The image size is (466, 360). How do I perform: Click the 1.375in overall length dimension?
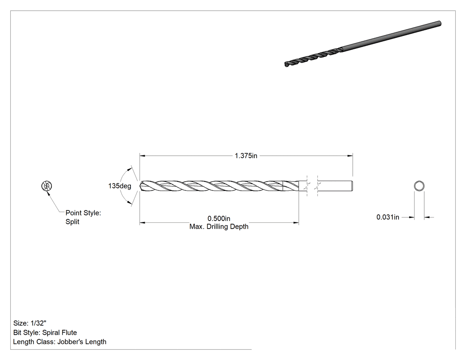tap(246, 156)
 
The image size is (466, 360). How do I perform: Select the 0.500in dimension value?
tap(219, 219)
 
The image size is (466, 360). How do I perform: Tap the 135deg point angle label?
tap(120, 186)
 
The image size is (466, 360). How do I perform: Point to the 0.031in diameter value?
tap(388, 218)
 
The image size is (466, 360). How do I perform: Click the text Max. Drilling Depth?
tap(219, 226)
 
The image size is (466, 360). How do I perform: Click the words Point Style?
tap(83, 213)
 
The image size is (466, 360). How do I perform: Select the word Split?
tap(72, 222)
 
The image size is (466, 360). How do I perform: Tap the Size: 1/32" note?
tap(30, 323)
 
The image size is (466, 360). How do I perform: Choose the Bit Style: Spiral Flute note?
tap(45, 332)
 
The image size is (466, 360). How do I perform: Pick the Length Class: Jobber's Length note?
tap(60, 342)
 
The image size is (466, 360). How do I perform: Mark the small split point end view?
tap(47, 186)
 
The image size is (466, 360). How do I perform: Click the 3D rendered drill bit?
tap(363, 44)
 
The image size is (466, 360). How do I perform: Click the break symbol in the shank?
tap(312, 186)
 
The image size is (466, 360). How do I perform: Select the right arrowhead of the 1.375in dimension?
tap(350, 155)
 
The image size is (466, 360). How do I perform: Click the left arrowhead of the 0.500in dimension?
tap(142, 222)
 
